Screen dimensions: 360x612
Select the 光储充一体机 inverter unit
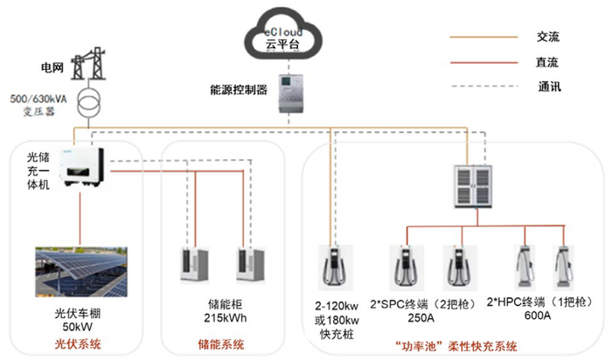86,169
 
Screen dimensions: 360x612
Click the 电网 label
52,67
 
